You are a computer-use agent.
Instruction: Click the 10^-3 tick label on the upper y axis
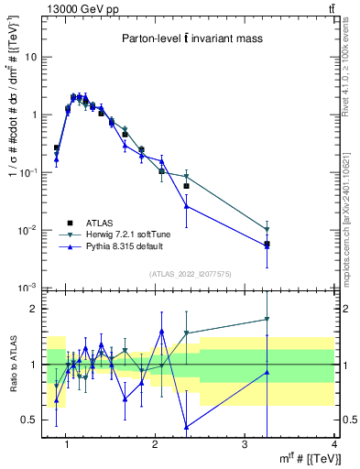(x=28, y=288)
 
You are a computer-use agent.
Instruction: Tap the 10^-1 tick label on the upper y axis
(x=28, y=172)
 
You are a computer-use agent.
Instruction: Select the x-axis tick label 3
(x=245, y=445)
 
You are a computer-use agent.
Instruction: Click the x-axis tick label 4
(x=334, y=445)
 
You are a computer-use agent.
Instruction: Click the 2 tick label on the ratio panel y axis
(x=34, y=309)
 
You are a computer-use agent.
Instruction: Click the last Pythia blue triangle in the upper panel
(x=267, y=245)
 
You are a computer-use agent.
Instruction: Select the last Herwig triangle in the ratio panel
(x=267, y=319)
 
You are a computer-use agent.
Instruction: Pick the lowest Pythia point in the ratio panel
(x=186, y=427)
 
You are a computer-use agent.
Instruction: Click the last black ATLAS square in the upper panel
(x=267, y=244)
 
